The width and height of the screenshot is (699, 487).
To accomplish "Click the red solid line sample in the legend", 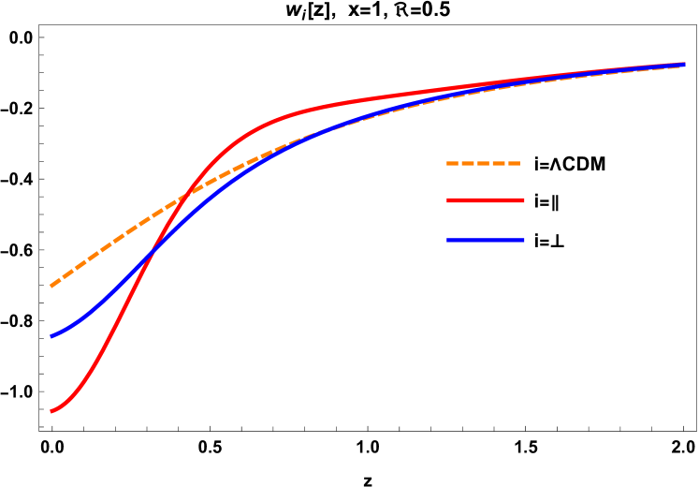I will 486,200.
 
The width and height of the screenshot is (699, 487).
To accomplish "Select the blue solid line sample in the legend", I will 486,241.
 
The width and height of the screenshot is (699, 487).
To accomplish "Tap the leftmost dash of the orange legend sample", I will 453,164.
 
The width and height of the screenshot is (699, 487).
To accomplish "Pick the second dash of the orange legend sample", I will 469,164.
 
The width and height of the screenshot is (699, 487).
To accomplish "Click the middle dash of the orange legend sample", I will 484,164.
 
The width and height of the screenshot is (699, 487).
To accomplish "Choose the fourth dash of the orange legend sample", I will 499,164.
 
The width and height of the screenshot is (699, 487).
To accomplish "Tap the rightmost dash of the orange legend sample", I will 513,164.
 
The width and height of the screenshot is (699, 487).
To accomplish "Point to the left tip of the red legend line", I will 448,200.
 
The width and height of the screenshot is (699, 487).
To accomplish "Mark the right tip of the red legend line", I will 524,200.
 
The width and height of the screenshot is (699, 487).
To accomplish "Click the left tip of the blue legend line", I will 448,241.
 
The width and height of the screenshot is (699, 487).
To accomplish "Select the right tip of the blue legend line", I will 524,241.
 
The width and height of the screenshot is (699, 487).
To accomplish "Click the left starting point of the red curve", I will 51,411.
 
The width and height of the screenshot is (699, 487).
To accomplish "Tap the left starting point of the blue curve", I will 51,335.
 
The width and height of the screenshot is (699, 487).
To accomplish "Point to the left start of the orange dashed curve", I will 51,286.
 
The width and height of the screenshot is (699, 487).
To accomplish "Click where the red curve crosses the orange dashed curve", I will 188,194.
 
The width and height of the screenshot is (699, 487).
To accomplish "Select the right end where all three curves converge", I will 684,65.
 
